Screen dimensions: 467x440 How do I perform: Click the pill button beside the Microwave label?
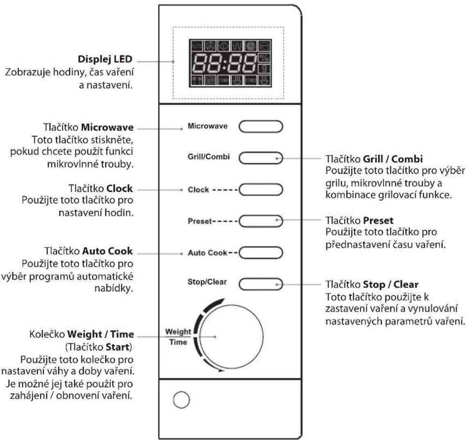coord(261,126)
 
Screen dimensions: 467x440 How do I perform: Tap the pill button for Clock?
coord(261,189)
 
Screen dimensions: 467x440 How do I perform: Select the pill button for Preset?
coord(261,221)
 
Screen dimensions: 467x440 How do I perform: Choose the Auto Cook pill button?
coord(261,253)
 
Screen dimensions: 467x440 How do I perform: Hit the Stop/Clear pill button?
coord(261,284)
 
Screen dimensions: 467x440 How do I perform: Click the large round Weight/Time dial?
coord(231,336)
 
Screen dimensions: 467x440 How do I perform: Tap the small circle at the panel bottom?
coord(181,400)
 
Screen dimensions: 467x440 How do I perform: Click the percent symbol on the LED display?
coord(264,57)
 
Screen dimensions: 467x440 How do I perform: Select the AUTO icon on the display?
coord(196,46)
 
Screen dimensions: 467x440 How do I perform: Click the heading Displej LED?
coord(105,59)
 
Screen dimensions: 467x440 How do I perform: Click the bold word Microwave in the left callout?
coord(107,127)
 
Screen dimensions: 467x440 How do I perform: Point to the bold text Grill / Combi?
coord(393,159)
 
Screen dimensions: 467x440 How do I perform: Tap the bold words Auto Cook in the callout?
coord(107,251)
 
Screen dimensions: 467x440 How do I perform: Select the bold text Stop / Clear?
coord(391,285)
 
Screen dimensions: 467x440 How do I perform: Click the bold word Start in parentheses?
coord(118,347)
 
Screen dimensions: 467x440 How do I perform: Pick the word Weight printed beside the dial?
coord(178,332)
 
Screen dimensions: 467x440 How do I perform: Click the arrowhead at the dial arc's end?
coord(221,370)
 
